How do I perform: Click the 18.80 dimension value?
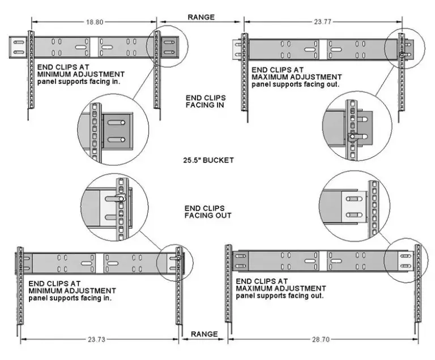point(93,22)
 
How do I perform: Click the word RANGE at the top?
point(201,17)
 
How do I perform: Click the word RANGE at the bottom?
point(204,334)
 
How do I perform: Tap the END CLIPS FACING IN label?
point(205,101)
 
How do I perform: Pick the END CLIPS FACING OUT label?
point(205,212)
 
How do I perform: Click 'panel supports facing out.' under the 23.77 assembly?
point(295,84)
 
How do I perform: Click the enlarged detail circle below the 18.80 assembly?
point(113,132)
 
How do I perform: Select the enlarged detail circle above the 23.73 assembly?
point(116,204)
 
